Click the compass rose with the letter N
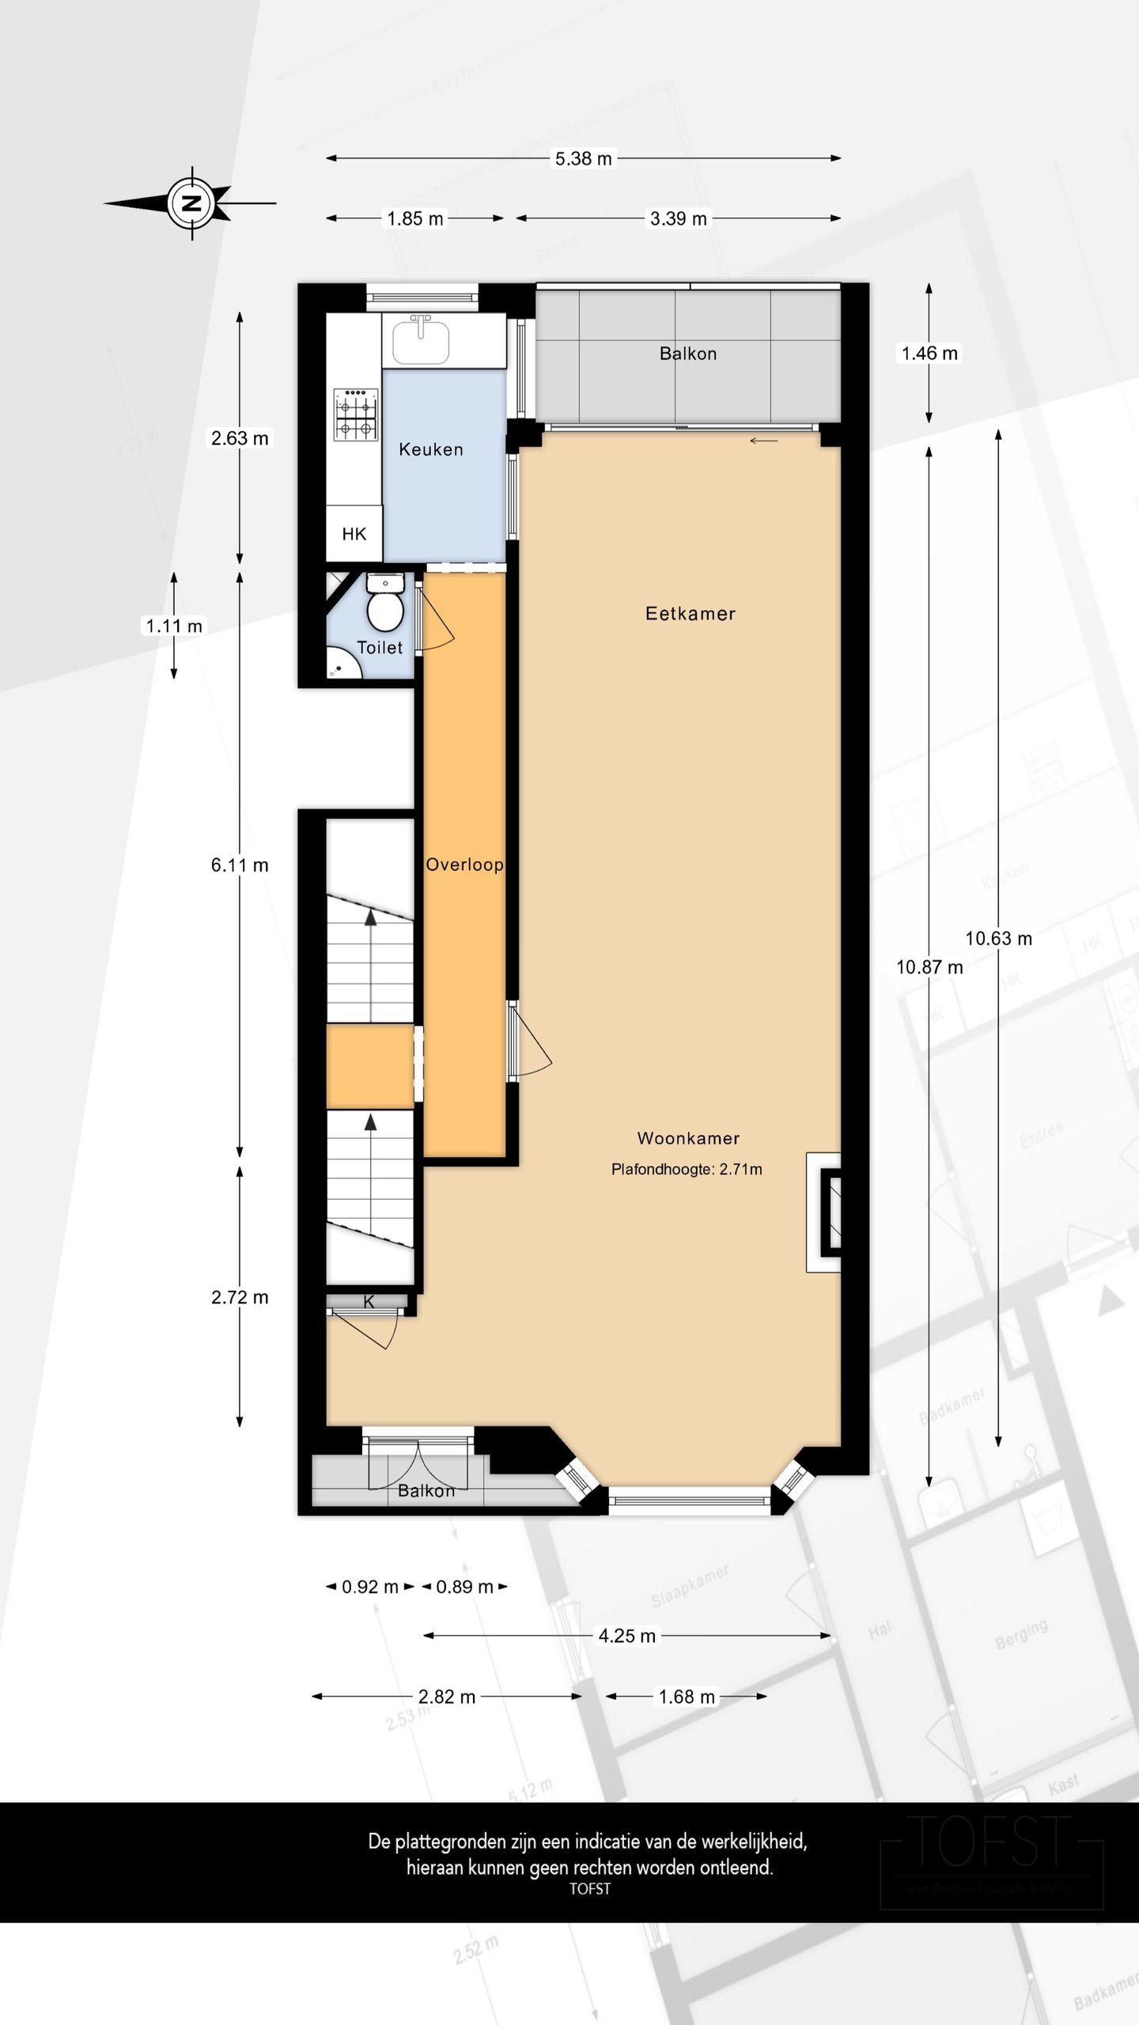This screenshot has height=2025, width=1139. [191, 203]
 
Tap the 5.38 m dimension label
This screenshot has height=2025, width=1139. [583, 158]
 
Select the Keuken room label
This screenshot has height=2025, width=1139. [430, 449]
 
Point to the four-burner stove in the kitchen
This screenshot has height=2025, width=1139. [355, 414]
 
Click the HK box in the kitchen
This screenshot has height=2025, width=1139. [354, 534]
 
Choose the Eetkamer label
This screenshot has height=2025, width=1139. [690, 614]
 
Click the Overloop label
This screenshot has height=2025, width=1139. [464, 865]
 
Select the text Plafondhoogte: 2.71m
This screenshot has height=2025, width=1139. [687, 1169]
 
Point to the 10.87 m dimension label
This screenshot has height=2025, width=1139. [929, 967]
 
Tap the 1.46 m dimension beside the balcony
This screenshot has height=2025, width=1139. [929, 354]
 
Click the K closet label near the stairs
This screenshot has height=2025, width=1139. [369, 1301]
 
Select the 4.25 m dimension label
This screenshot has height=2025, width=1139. [626, 1636]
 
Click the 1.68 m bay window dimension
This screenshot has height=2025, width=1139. [686, 1697]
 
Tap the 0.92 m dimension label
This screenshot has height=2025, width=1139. [369, 1587]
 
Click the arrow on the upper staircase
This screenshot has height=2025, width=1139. [370, 918]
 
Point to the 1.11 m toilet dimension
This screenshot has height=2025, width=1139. [174, 626]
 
